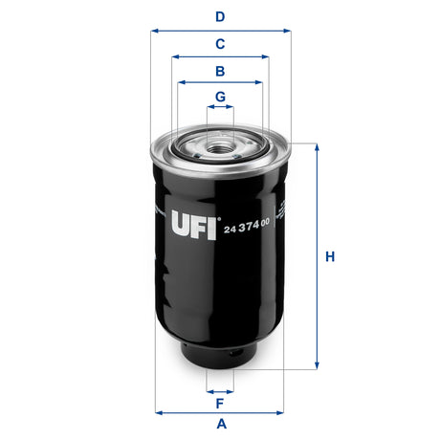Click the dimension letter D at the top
pyautogui.click(x=220, y=16)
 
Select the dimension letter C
pyautogui.click(x=220, y=43)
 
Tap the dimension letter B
pyautogui.click(x=220, y=71)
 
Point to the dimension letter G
pyautogui.click(x=220, y=97)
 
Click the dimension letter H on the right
pyautogui.click(x=330, y=256)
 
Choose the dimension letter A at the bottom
pyautogui.click(x=221, y=424)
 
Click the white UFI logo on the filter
pyautogui.click(x=195, y=227)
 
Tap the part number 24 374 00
pyautogui.click(x=247, y=225)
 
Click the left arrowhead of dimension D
pyautogui.click(x=154, y=31)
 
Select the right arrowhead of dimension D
pyautogui.click(x=287, y=31)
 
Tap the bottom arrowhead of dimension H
pyautogui.click(x=316, y=367)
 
